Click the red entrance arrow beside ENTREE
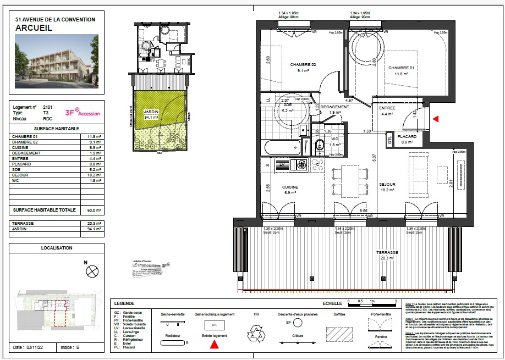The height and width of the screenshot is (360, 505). (436, 118)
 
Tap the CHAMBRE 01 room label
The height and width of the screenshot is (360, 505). (400, 68)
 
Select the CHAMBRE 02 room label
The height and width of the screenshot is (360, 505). (303, 65)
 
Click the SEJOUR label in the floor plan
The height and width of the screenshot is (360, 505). (388, 184)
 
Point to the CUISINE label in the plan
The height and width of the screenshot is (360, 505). (290, 187)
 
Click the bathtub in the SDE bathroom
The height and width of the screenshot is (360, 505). (283, 147)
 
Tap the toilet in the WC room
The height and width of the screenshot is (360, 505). (320, 145)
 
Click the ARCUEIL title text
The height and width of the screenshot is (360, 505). (34, 27)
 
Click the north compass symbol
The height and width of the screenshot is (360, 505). (93, 271)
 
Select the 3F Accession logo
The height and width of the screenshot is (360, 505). (83, 112)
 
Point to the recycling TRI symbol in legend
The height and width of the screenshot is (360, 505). (256, 333)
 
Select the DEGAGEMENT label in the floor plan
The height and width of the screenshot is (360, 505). (335, 107)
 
